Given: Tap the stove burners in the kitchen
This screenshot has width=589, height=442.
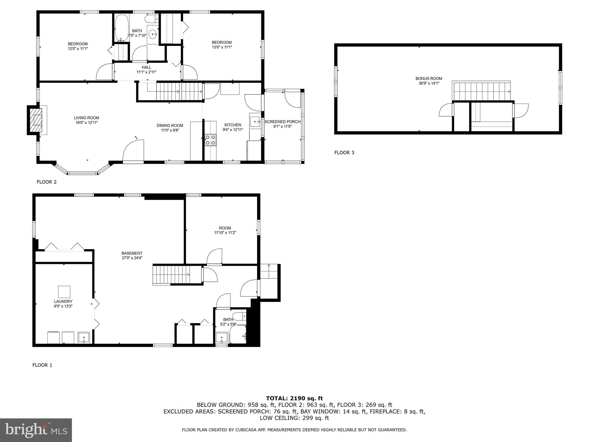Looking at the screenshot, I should pos(210,140).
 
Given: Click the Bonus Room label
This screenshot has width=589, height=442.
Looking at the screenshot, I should pos(429,78).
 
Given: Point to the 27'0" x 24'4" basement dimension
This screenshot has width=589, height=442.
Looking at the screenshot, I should pos(132,258).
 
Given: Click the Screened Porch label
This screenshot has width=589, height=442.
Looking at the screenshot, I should pos(282,122).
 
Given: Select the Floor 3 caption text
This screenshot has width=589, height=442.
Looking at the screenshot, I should pos(344,153).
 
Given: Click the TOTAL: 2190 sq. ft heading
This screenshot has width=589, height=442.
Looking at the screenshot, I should pos(294,398).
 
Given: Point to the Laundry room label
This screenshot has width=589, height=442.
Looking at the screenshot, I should pos(63,301).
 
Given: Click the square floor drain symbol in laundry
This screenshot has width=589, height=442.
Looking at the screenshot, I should pos(64,292).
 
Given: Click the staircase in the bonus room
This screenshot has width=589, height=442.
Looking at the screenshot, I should pos(481,91).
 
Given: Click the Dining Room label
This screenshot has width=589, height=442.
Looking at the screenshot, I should pos(170,125).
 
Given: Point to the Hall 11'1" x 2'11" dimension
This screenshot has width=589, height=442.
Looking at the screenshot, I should pos(146,72).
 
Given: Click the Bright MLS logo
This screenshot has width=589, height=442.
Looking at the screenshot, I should pos(36,430).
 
